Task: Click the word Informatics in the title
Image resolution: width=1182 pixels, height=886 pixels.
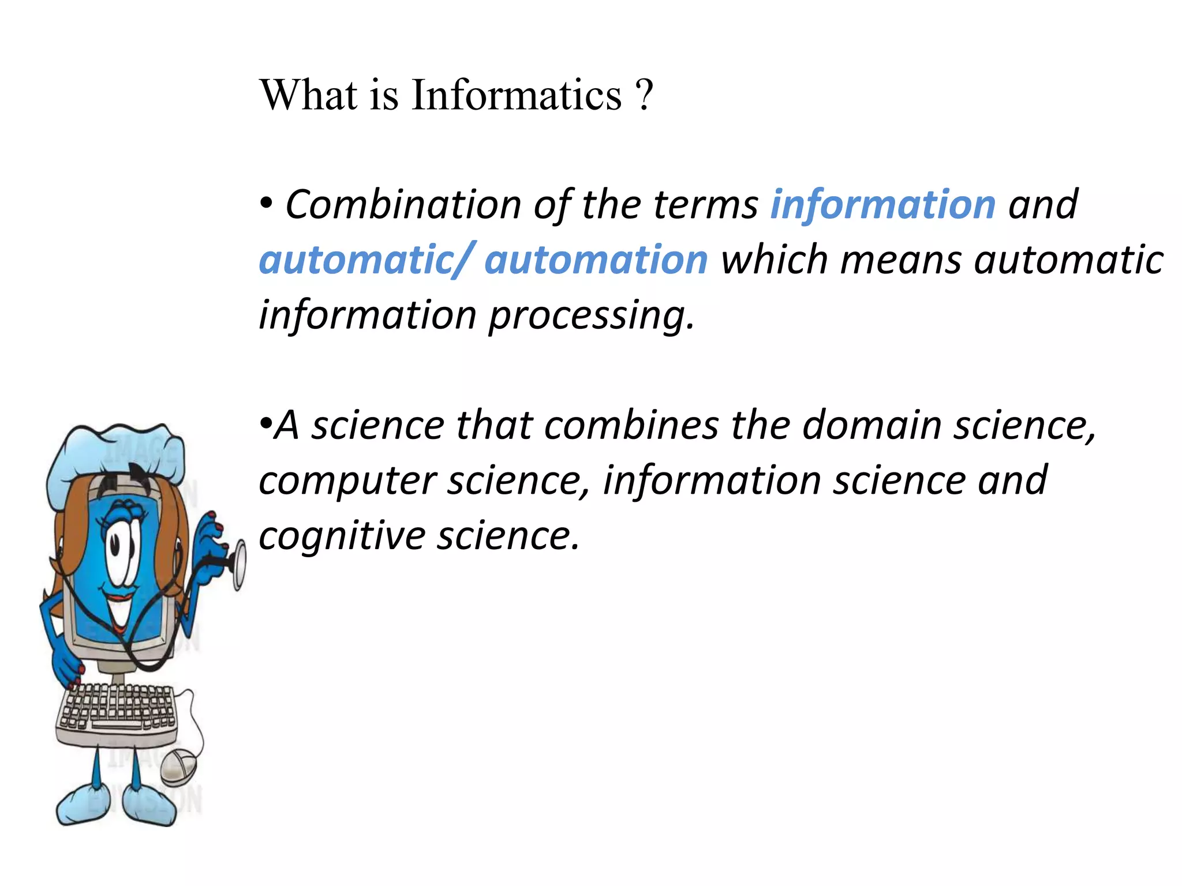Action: [x=517, y=95]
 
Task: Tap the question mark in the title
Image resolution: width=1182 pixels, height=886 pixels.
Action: [x=644, y=95]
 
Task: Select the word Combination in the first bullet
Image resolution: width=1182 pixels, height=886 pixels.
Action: [x=403, y=205]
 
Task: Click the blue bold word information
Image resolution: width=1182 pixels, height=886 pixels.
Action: [x=883, y=205]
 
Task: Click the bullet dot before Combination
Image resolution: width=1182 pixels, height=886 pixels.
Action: [x=266, y=204]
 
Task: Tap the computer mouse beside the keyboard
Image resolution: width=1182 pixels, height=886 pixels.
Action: [x=178, y=767]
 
